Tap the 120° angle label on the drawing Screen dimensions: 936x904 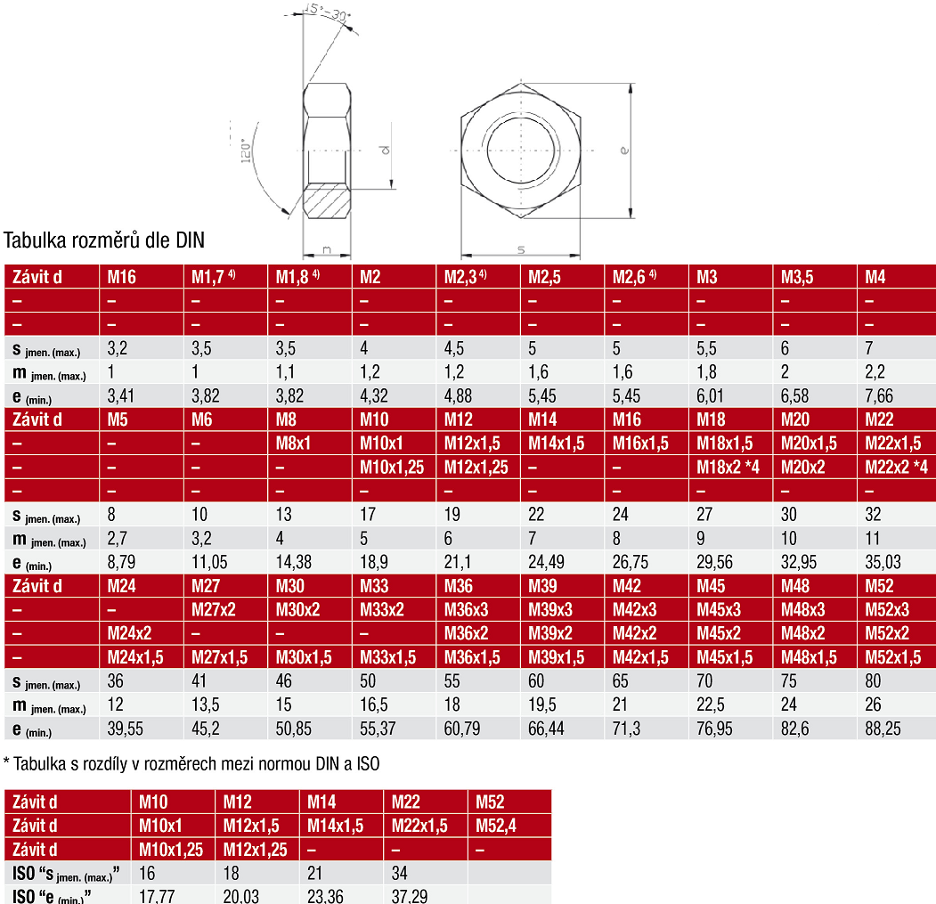point(246,151)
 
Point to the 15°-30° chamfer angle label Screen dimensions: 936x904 point(327,12)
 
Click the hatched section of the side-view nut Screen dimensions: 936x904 point(327,201)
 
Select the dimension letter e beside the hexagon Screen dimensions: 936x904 point(623,150)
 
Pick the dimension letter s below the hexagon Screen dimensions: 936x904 point(520,249)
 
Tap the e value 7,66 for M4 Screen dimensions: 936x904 point(879,395)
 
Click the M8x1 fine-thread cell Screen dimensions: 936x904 point(293,443)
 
